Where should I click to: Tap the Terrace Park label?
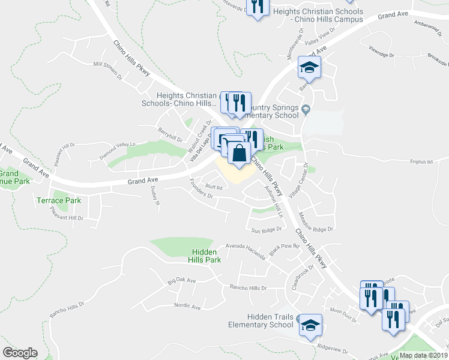click(59, 200)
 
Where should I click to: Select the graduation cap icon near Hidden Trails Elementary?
click(310, 326)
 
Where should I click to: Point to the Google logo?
click(20, 352)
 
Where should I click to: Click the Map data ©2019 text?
click(423, 355)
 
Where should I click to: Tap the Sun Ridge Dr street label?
click(267, 230)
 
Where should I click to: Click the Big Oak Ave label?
click(182, 280)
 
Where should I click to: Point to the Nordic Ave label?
click(187, 306)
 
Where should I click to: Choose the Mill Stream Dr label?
click(107, 70)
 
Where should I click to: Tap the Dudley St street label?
click(155, 195)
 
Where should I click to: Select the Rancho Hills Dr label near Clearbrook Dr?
click(247, 288)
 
